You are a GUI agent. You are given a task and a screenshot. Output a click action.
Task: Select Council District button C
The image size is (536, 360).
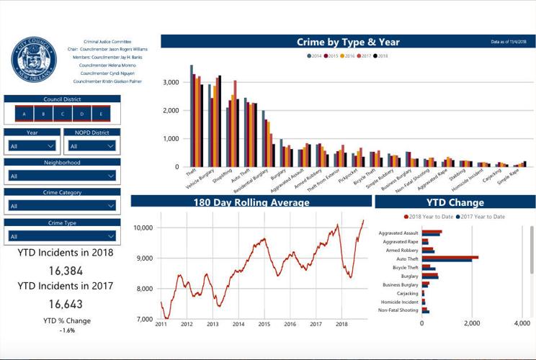(63, 114)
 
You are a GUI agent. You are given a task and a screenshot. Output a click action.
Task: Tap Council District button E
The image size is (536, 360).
(101, 114)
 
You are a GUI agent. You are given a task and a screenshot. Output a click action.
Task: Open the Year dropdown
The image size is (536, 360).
(32, 146)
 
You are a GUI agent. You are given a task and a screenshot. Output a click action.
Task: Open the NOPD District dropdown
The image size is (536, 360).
(91, 146)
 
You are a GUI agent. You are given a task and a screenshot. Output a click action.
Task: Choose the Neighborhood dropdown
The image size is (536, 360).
(62, 176)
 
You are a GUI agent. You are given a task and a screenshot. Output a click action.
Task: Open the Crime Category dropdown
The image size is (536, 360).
(62, 206)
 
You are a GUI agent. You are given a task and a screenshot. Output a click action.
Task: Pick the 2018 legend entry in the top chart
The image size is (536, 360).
(381, 55)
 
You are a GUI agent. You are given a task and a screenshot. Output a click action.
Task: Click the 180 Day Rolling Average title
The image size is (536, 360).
(251, 202)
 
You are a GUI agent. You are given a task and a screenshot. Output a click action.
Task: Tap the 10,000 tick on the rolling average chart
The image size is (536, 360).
(143, 228)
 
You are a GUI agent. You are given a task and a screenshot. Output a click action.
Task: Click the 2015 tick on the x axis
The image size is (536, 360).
(264, 325)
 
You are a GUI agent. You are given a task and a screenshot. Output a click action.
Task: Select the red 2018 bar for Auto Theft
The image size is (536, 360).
(451, 256)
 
